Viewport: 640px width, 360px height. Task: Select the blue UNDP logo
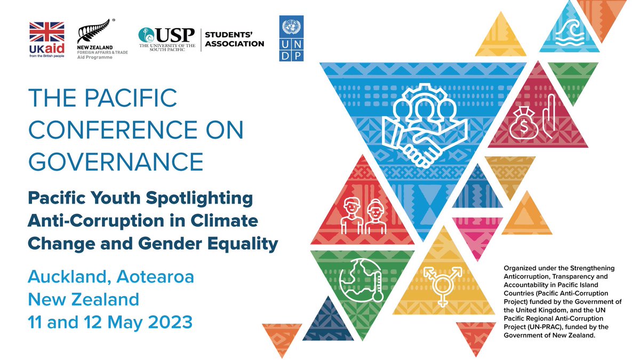[x=291, y=38]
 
